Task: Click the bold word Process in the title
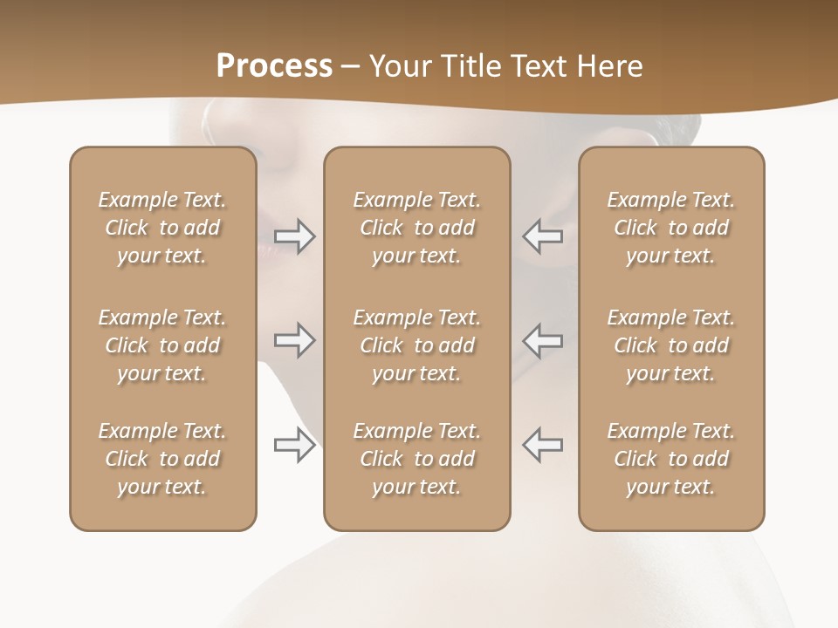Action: coord(274,66)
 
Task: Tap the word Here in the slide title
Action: coord(610,66)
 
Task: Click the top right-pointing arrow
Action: coord(294,236)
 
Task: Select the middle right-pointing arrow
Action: coord(294,340)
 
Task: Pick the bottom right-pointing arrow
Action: coord(294,446)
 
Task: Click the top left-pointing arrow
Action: coord(543,236)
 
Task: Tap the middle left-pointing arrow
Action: coord(543,340)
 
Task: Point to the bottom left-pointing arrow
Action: coord(543,445)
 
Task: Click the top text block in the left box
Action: coord(162,228)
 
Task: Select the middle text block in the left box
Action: coord(162,345)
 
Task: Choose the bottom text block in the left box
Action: coord(162,459)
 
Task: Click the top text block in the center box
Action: coord(417,228)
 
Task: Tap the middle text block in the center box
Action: coord(417,345)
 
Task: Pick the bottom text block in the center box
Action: coord(417,459)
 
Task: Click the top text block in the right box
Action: coord(671,228)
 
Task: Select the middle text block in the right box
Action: coord(671,345)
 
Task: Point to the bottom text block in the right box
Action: coord(671,459)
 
